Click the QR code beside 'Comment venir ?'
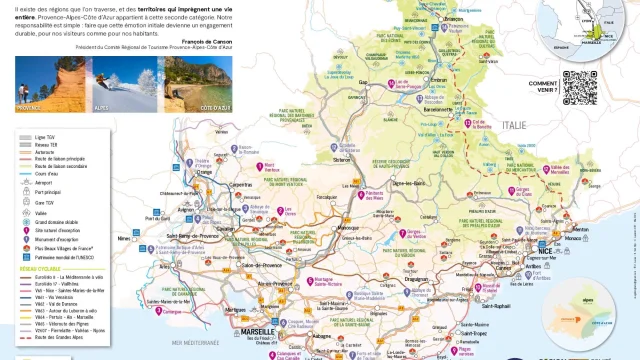pos(579,88)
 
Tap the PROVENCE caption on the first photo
pos(31,105)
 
